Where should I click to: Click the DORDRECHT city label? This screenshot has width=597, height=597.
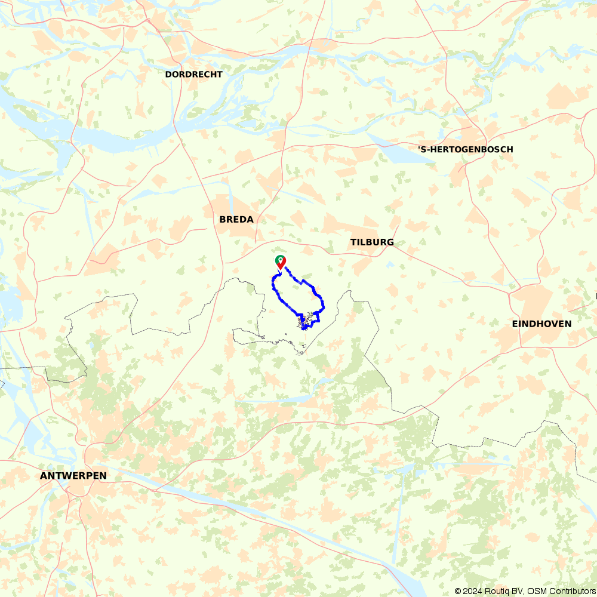(x=193, y=75)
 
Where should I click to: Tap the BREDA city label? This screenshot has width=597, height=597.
(x=236, y=220)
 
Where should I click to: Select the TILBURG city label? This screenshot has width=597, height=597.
(x=372, y=242)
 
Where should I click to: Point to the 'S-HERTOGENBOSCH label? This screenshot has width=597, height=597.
(x=465, y=149)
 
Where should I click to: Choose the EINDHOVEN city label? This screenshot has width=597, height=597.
(x=541, y=324)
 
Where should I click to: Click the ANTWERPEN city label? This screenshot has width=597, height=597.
(x=73, y=476)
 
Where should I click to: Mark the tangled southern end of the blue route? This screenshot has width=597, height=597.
(x=306, y=322)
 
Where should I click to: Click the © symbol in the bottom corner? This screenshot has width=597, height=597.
(x=458, y=591)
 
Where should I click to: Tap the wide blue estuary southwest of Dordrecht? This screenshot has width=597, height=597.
(x=107, y=140)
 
